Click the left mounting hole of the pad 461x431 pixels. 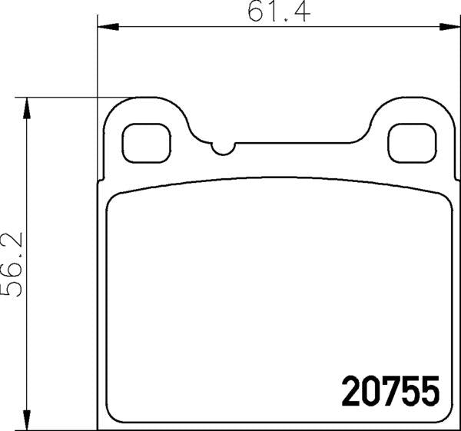(146, 143)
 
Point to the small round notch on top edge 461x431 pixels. (222, 147)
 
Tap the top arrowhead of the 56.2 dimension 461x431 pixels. (28, 108)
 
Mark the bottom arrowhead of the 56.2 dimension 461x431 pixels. (28, 419)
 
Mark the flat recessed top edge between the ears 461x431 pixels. (300, 142)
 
